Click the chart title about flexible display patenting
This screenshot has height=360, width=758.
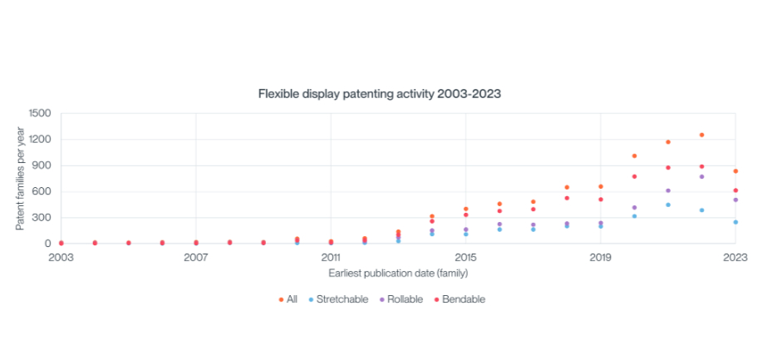click(x=379, y=94)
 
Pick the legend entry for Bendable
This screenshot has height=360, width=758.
click(x=461, y=299)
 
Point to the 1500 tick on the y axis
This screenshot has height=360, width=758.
click(x=39, y=113)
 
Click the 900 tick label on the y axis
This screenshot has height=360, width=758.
click(x=42, y=165)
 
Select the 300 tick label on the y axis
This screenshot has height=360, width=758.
click(x=42, y=218)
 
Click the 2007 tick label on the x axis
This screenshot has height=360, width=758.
click(x=196, y=257)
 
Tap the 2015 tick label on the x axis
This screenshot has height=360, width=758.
click(x=465, y=257)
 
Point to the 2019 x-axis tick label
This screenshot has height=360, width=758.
click(x=600, y=257)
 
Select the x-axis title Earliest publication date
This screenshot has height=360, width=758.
click(x=398, y=273)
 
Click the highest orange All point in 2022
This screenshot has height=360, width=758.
click(x=701, y=135)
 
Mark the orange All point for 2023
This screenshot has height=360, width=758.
click(x=736, y=171)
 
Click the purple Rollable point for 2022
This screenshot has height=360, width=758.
click(x=701, y=176)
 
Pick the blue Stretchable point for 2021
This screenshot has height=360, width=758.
click(x=668, y=205)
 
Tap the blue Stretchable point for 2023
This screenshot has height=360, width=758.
click(x=736, y=222)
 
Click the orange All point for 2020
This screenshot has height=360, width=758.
click(x=634, y=155)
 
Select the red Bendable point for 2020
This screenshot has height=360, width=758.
click(x=634, y=176)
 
